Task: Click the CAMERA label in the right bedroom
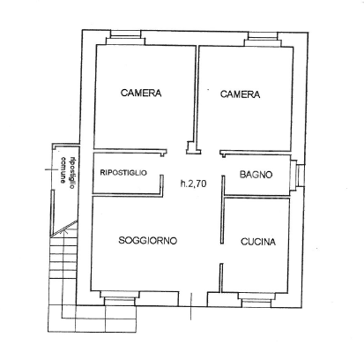239,94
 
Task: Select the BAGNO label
256,175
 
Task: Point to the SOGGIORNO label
148,241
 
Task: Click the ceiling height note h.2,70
193,184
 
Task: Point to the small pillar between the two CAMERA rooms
189,149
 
